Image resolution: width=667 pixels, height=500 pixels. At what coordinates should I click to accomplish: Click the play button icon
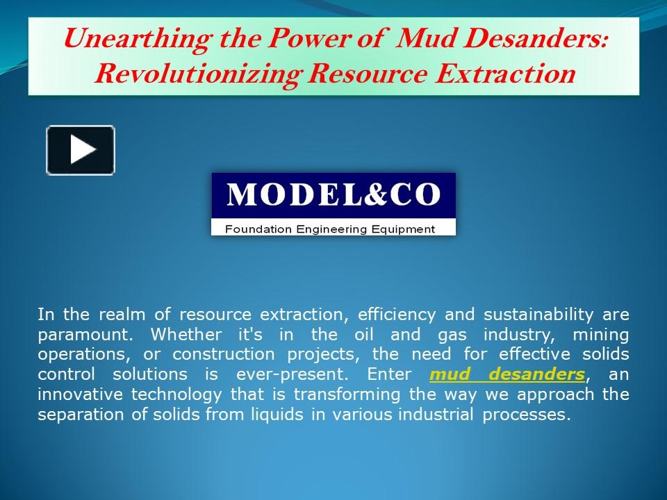81,149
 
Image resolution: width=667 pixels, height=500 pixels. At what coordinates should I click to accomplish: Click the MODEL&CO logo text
333,195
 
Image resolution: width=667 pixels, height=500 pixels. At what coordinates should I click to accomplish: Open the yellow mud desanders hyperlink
507,374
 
